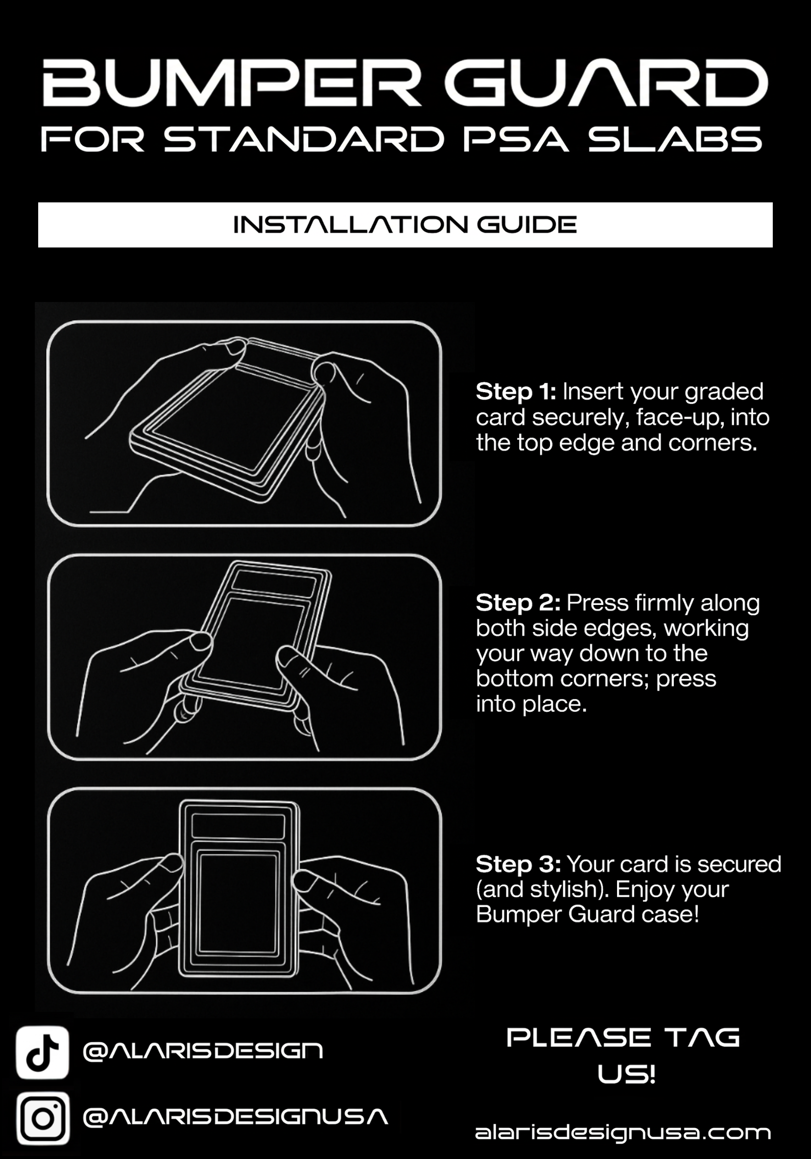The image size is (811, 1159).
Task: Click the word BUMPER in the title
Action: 232,83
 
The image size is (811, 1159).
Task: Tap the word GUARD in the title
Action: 606,83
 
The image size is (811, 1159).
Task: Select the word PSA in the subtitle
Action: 516,139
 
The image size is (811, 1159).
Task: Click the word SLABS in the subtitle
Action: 675,139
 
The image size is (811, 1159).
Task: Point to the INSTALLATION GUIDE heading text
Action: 405,225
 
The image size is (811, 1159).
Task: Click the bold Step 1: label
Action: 516,392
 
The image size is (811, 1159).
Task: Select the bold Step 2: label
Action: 518,603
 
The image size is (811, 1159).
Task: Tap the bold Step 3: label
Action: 519,865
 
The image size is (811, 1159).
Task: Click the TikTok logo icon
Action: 43,1052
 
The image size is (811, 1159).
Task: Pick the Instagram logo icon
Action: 43,1118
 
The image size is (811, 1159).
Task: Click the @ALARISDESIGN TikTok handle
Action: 203,1052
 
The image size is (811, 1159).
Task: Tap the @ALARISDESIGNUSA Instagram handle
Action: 236,1117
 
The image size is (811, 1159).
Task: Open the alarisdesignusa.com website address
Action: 623,1132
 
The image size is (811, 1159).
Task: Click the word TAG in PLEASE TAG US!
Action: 702,1038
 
